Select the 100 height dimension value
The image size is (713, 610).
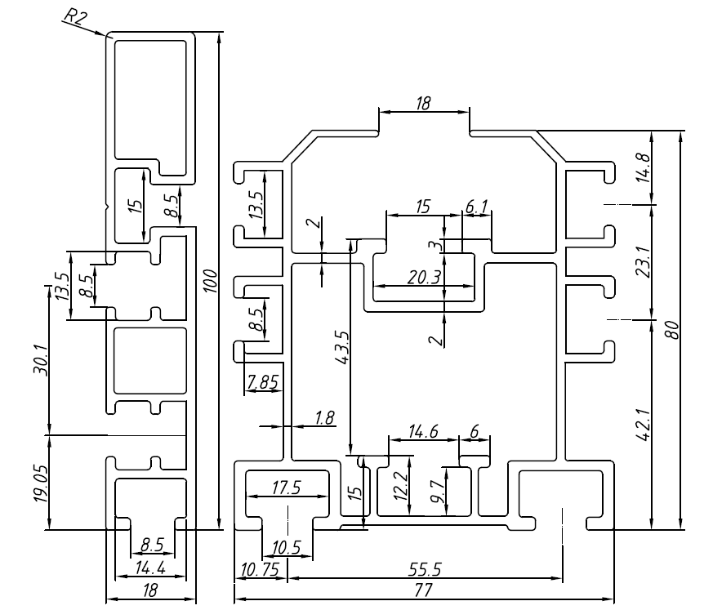(x=211, y=280)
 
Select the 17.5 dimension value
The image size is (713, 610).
(x=286, y=488)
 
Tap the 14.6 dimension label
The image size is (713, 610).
(x=423, y=433)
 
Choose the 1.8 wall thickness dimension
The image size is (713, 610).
(x=324, y=418)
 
